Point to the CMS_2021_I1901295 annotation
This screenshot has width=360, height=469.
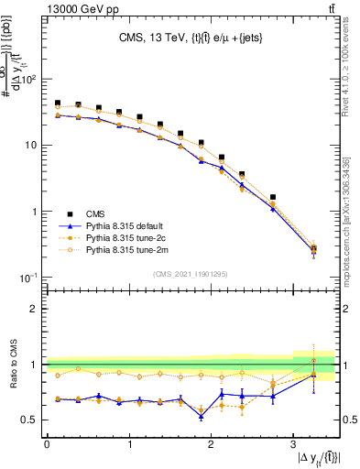190,275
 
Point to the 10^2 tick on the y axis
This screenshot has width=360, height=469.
30,79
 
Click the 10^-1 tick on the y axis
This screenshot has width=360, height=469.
30,278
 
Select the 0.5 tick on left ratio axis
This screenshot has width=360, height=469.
31,420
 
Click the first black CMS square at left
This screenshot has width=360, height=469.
58,104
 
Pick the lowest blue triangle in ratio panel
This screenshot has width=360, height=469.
201,417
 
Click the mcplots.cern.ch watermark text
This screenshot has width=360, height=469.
352,220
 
